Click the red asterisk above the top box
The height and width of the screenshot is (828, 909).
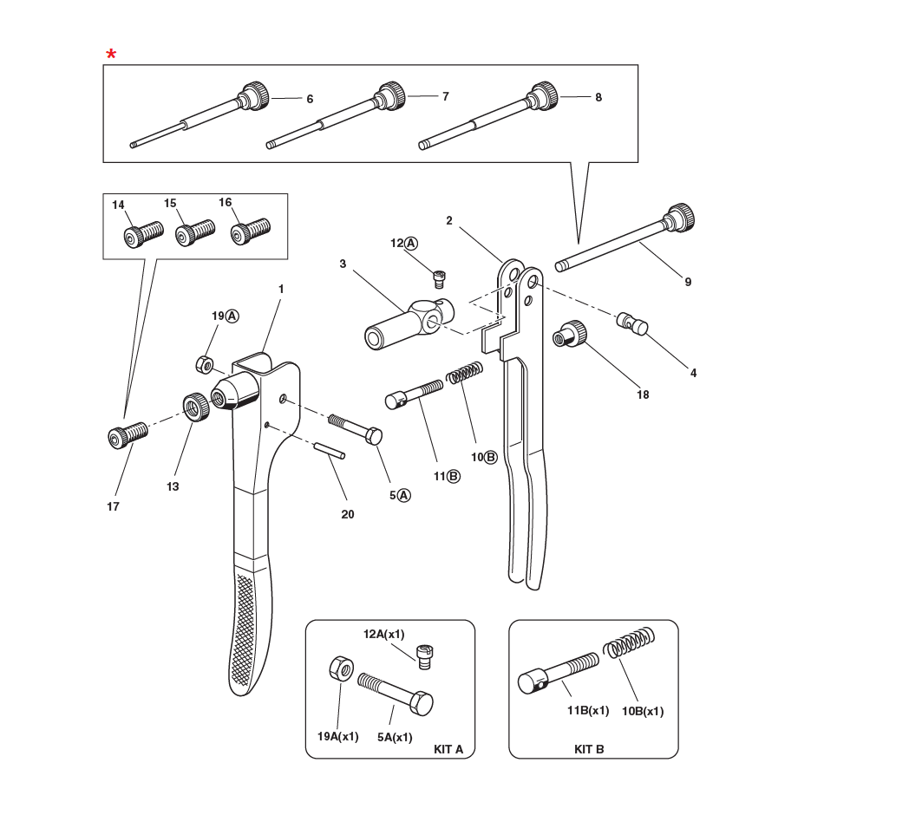click(x=111, y=55)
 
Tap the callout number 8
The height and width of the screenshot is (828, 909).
click(x=598, y=98)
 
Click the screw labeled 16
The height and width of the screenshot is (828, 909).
click(x=251, y=231)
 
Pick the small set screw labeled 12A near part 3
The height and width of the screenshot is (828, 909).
click(x=441, y=277)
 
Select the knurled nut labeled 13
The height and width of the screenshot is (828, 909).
click(x=197, y=405)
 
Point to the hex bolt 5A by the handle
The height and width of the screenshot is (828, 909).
click(x=356, y=428)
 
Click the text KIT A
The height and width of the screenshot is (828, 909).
click(x=448, y=748)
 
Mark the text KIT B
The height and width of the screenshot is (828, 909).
click(x=589, y=748)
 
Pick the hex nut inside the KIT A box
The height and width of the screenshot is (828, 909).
click(x=339, y=670)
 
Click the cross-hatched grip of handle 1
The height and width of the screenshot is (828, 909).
click(x=244, y=629)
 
